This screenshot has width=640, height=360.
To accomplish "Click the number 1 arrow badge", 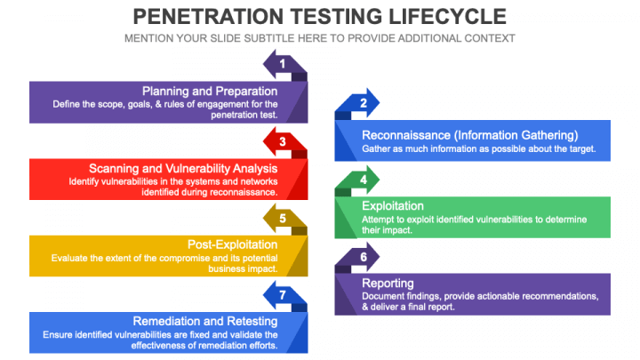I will click(x=284, y=64).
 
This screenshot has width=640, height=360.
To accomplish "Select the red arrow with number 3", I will click(x=284, y=141).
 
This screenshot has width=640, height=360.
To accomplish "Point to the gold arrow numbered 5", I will click(x=284, y=218).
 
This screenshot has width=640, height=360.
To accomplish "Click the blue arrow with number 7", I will click(x=284, y=295).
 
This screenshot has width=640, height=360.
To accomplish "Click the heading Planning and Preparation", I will click(x=210, y=91).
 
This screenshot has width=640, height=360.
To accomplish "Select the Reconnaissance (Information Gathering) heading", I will click(x=470, y=135).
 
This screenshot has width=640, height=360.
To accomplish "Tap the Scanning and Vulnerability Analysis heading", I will click(x=183, y=168).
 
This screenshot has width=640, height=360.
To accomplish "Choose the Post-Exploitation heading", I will click(x=232, y=244).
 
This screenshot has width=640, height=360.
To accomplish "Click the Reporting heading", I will click(x=388, y=284).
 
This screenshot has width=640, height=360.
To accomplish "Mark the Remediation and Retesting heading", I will click(x=204, y=321).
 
